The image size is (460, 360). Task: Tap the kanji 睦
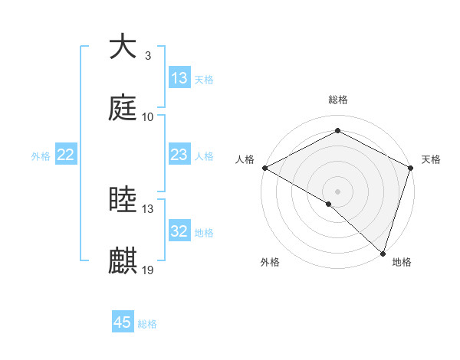(x=123, y=200)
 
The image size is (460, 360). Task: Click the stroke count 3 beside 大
(x=148, y=56)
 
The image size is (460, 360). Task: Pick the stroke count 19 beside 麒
(x=148, y=271)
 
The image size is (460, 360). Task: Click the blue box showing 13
(x=179, y=78)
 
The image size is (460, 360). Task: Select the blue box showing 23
(x=179, y=155)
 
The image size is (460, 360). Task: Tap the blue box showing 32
(x=179, y=231)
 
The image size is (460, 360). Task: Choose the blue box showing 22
(x=66, y=155)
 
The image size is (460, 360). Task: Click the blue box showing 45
(x=123, y=322)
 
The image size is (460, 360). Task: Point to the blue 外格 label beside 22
(x=41, y=156)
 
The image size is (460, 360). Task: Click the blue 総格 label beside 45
(x=148, y=324)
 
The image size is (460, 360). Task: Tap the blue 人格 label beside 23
(x=204, y=156)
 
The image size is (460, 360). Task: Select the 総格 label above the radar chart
(x=338, y=100)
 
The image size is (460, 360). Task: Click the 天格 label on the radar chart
(x=431, y=159)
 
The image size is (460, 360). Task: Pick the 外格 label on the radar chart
(x=270, y=262)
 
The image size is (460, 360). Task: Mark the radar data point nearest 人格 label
(x=264, y=168)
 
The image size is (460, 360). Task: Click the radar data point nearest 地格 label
(x=382, y=254)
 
